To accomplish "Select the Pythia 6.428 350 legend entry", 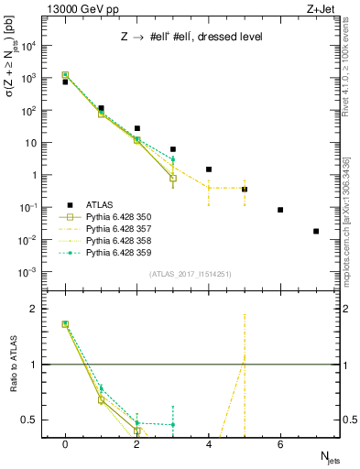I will coord(115,217).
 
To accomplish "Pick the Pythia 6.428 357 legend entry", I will coord(115,228).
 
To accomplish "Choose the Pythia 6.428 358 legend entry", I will coord(115,240).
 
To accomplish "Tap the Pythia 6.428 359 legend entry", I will coord(115,251).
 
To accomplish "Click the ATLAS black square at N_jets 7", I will coord(316,231).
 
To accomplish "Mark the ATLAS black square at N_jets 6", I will coord(280,210).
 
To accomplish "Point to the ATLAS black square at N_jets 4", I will coord(209,169).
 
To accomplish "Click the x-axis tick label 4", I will coord(209,444).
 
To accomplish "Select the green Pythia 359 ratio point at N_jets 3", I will coord(173,424).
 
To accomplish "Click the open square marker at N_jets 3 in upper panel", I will coord(173,178).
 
